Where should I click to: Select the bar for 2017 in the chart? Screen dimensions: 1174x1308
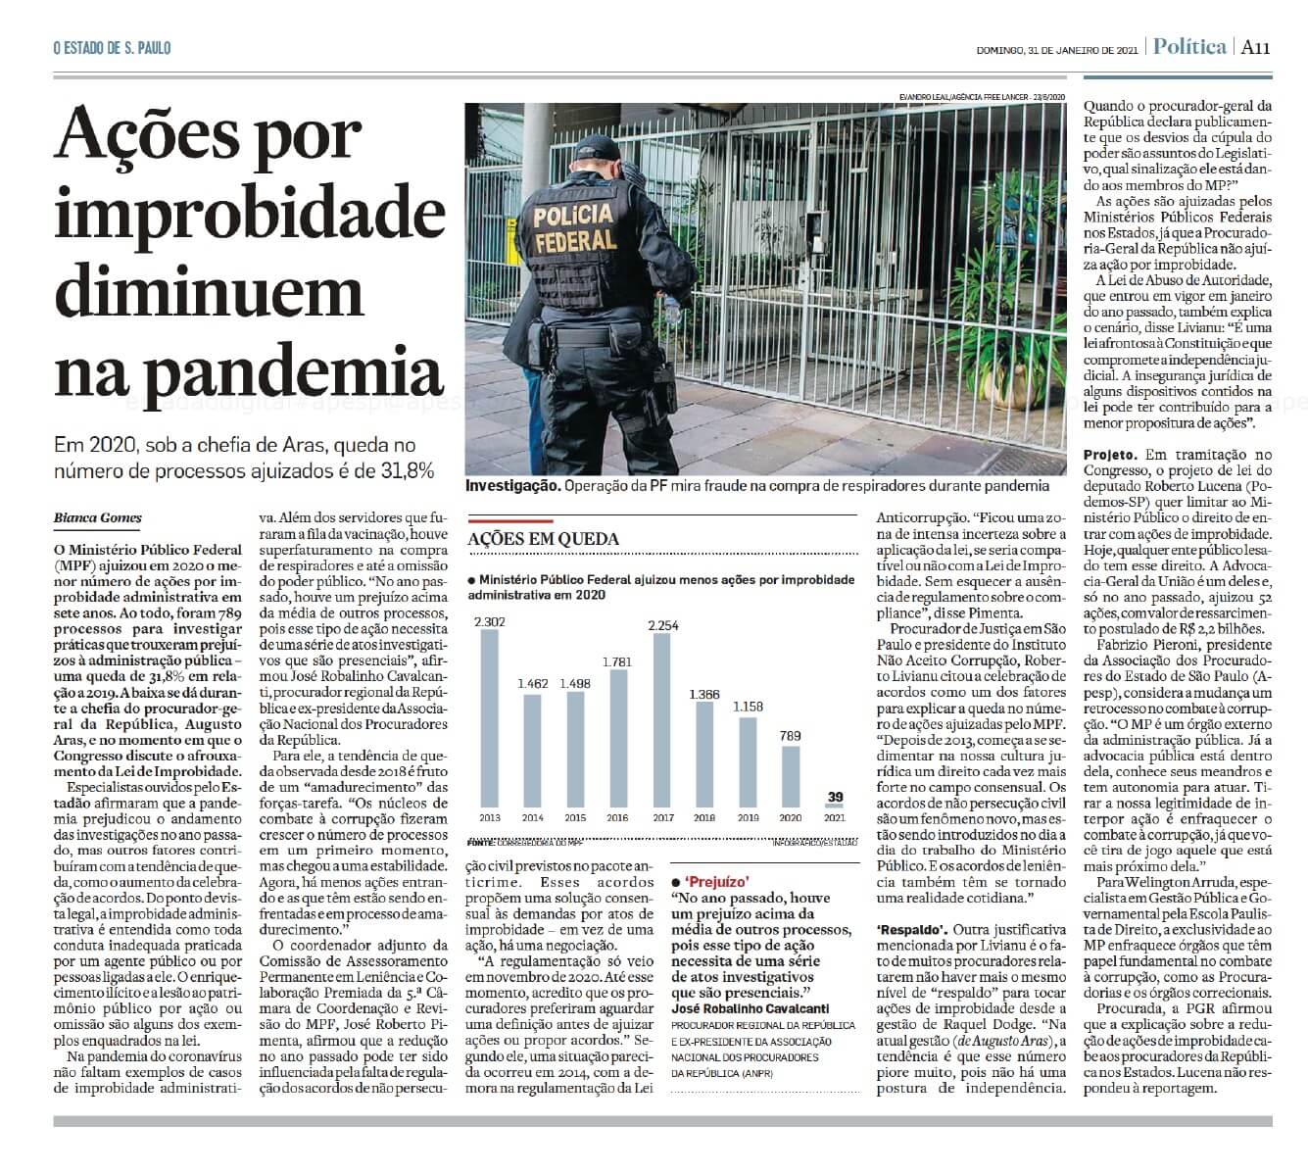tap(661, 720)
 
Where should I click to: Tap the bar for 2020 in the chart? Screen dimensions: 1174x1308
tap(790, 775)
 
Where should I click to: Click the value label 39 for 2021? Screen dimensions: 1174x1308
tap(835, 797)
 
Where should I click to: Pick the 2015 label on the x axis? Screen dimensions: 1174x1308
tap(575, 817)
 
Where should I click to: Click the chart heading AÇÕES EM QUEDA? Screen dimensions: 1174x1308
tap(543, 539)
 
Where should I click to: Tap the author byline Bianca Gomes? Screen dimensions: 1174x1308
tap(98, 517)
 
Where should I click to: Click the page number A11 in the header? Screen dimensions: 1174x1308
tap(1255, 47)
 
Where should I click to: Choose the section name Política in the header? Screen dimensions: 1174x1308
tap(1189, 47)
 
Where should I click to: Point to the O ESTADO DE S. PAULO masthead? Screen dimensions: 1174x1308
tap(112, 48)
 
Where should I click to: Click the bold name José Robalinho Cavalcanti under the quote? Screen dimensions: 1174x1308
tap(750, 1008)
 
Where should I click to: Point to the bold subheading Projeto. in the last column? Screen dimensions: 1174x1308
tap(1110, 455)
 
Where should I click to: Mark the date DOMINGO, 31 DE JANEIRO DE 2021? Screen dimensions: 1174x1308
tap(1056, 50)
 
